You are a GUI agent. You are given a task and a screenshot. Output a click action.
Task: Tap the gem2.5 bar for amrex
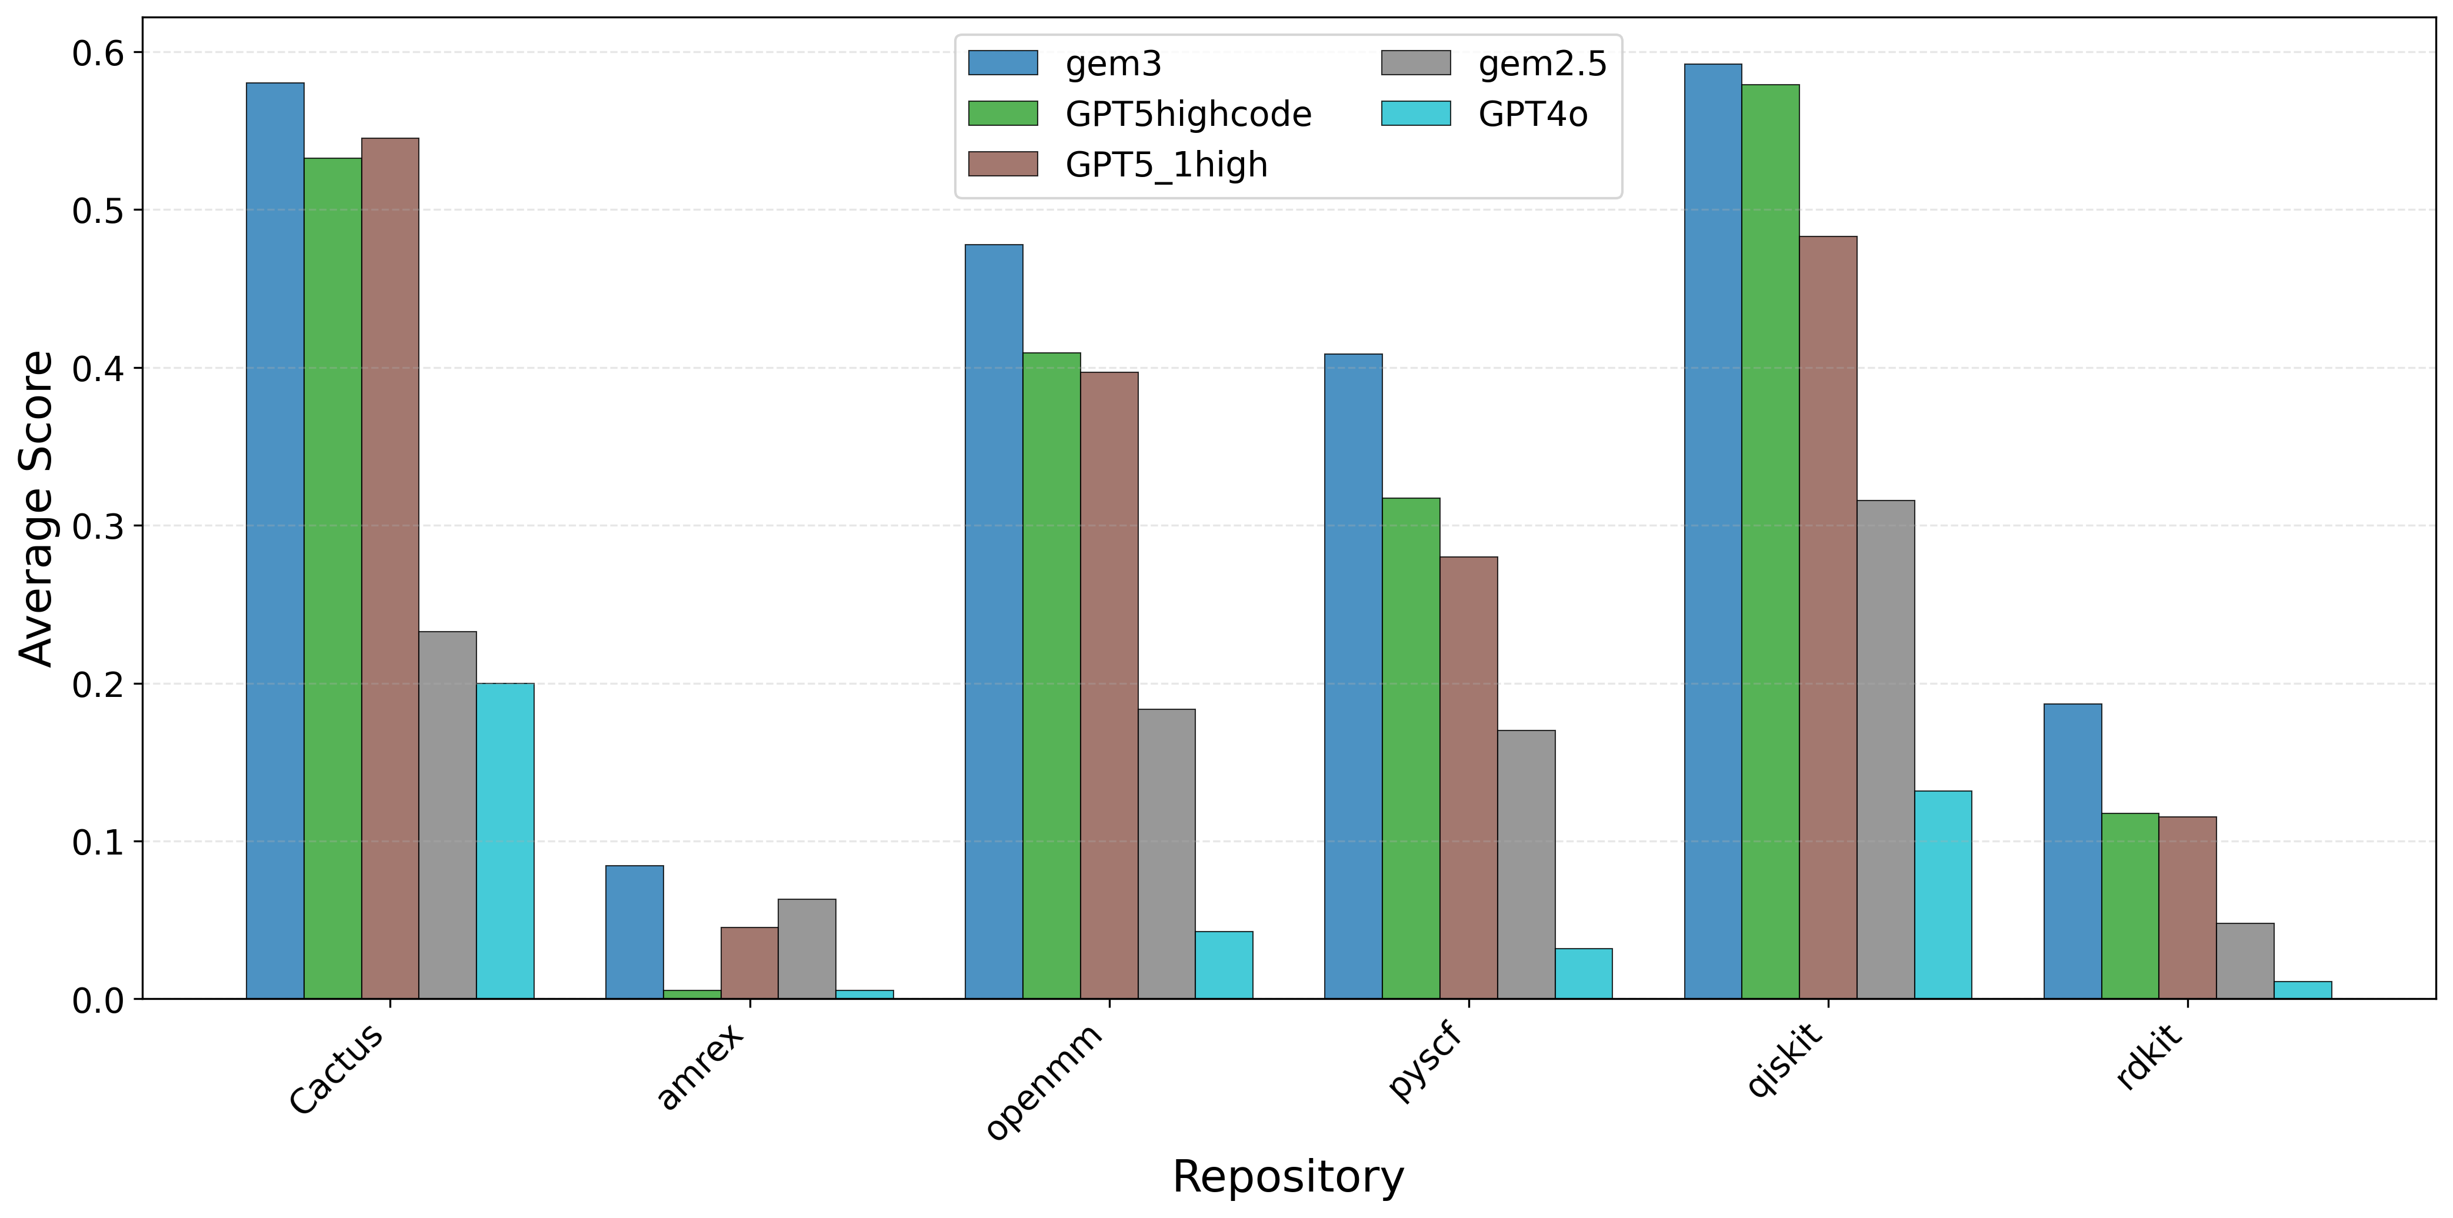[806, 949]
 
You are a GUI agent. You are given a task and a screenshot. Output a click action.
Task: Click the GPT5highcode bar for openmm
[1051, 676]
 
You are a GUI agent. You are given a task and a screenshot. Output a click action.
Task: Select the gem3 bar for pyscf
[1353, 676]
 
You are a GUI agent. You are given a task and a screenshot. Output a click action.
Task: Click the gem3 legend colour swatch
[1003, 63]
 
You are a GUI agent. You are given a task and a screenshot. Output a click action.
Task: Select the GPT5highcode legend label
[1188, 114]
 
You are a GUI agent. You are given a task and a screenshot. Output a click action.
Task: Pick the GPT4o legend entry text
[1533, 114]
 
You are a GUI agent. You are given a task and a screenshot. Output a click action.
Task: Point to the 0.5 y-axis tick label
[98, 211]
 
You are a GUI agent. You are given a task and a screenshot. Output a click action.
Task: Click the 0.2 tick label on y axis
[98, 684]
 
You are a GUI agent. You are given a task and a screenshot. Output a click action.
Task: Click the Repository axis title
[1288, 1177]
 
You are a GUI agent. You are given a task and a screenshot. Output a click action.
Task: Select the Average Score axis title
[36, 509]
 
